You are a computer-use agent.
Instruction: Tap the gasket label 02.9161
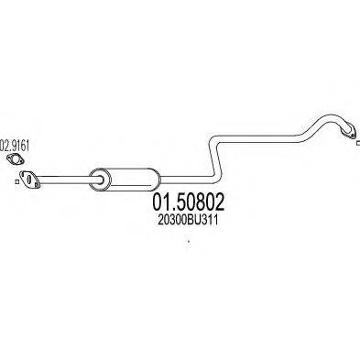[x=16, y=145]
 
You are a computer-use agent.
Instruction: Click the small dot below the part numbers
[x=189, y=243]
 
